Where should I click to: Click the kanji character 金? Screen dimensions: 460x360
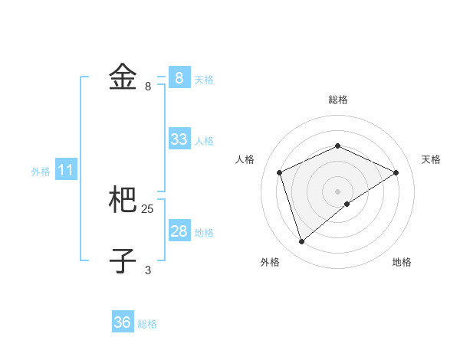click(123, 77)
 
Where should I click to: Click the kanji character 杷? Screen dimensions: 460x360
click(123, 201)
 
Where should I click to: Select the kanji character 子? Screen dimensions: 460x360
click(123, 260)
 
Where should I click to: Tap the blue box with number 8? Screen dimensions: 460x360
click(179, 77)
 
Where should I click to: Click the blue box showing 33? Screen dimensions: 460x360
click(179, 139)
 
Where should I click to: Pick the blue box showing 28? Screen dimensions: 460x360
click(179, 231)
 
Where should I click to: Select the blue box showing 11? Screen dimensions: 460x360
click(66, 171)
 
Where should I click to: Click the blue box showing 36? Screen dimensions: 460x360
click(123, 322)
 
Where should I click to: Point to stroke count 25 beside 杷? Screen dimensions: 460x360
click(148, 208)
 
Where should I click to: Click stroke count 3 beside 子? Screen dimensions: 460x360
click(148, 270)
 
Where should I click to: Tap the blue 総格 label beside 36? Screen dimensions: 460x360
click(147, 324)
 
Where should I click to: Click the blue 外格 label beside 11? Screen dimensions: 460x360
click(41, 172)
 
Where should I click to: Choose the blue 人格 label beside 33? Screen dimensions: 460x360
click(204, 141)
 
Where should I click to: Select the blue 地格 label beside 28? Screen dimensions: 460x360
click(204, 233)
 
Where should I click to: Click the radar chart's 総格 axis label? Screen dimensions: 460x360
click(337, 100)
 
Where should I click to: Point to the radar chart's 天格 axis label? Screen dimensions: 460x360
click(431, 159)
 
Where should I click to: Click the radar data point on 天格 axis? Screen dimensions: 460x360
click(396, 172)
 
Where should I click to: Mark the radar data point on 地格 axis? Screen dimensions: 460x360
click(347, 204)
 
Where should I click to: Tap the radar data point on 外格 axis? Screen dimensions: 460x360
click(301, 242)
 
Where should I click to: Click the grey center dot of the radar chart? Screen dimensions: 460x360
click(337, 191)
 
